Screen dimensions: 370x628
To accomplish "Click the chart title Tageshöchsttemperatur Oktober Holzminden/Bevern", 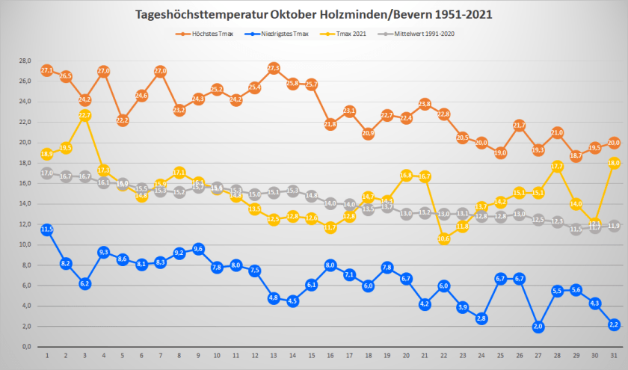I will tap(313, 14).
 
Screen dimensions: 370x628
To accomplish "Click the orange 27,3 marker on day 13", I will tap(274, 68).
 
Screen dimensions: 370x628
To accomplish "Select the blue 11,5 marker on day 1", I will tap(46, 229).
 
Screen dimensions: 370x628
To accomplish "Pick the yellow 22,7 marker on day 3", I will tap(84, 115).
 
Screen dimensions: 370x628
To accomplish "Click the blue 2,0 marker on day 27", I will tap(538, 327).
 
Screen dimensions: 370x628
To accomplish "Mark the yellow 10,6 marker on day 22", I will tap(443, 238).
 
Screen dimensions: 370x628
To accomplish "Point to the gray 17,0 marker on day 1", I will tap(46, 173).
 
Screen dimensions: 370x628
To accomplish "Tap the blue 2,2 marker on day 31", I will tap(614, 324).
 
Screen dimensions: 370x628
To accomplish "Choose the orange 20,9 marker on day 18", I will tap(368, 133).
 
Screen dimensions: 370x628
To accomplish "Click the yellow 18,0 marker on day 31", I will tap(614, 163).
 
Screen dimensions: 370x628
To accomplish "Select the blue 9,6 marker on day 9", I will tap(198, 249).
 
